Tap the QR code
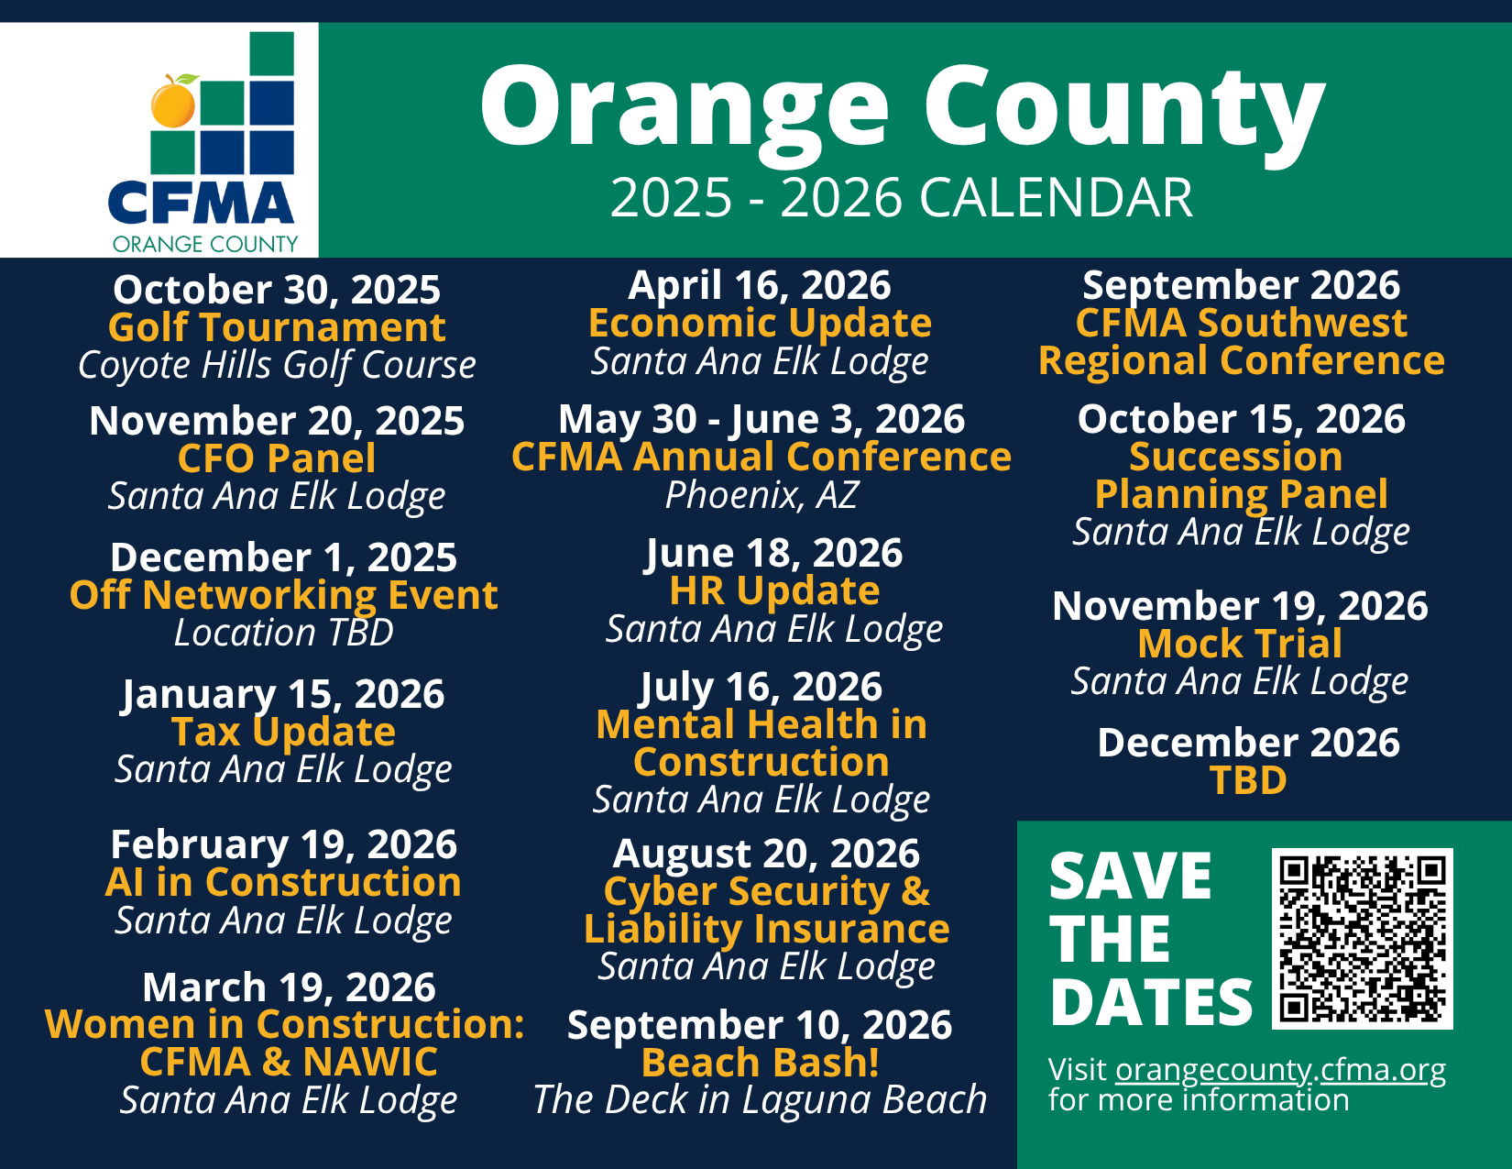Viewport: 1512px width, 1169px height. [1362, 939]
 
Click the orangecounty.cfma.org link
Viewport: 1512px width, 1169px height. [1280, 1069]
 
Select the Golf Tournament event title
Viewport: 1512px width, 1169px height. [277, 327]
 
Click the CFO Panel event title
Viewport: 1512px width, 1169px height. [277, 458]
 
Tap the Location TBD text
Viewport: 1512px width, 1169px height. [284, 633]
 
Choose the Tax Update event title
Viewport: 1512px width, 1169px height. [284, 732]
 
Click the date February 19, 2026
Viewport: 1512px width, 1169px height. [284, 844]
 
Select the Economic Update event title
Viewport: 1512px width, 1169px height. [760, 323]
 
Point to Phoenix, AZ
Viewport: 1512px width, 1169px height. [761, 495]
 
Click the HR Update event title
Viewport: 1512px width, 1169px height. [774, 590]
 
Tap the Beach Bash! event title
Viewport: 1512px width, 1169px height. [760, 1063]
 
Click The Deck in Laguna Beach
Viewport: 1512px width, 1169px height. [760, 1099]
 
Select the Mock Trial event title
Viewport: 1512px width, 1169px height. [1240, 644]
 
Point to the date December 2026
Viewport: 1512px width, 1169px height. [1248, 742]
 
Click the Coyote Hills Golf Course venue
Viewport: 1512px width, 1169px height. [277, 365]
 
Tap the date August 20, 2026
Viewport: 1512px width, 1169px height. [766, 854]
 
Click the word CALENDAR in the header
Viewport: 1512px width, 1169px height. [1056, 198]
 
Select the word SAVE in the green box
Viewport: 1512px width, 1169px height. [1131, 876]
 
